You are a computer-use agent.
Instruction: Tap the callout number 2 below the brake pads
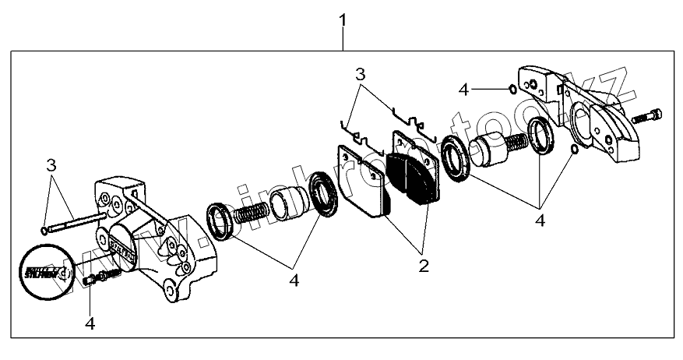[423, 265]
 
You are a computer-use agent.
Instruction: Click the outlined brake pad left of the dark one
[363, 181]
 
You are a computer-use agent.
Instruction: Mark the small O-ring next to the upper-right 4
[510, 89]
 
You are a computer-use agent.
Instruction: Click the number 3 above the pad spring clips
[360, 75]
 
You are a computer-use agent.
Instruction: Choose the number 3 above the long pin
[51, 165]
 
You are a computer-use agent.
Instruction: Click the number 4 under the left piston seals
[294, 277]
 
